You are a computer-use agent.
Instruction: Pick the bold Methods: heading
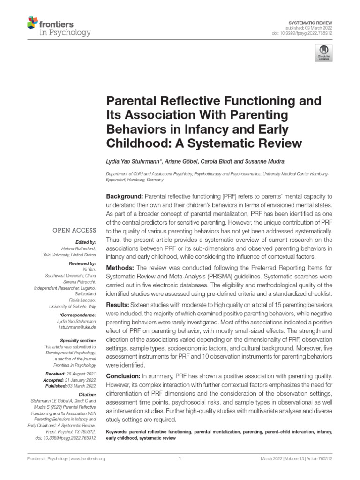pos(121,267)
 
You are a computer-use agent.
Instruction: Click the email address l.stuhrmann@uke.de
pos(76,327)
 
